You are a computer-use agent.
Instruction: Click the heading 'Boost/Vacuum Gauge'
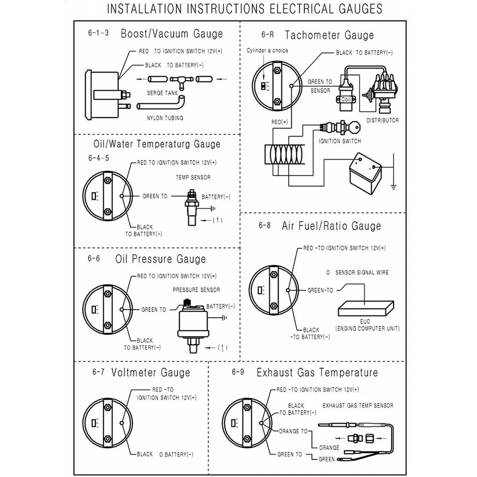point(172,34)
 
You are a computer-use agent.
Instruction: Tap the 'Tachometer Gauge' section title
point(329,35)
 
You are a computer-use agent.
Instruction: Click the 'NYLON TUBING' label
point(165,118)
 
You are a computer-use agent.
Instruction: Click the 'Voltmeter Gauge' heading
point(151,372)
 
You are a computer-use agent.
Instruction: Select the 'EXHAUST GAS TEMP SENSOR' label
point(358,405)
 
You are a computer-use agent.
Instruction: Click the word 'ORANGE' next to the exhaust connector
point(329,447)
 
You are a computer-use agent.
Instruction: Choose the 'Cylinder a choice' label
point(267,51)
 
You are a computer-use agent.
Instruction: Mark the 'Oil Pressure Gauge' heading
point(160,259)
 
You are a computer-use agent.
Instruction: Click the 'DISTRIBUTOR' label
point(382,120)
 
